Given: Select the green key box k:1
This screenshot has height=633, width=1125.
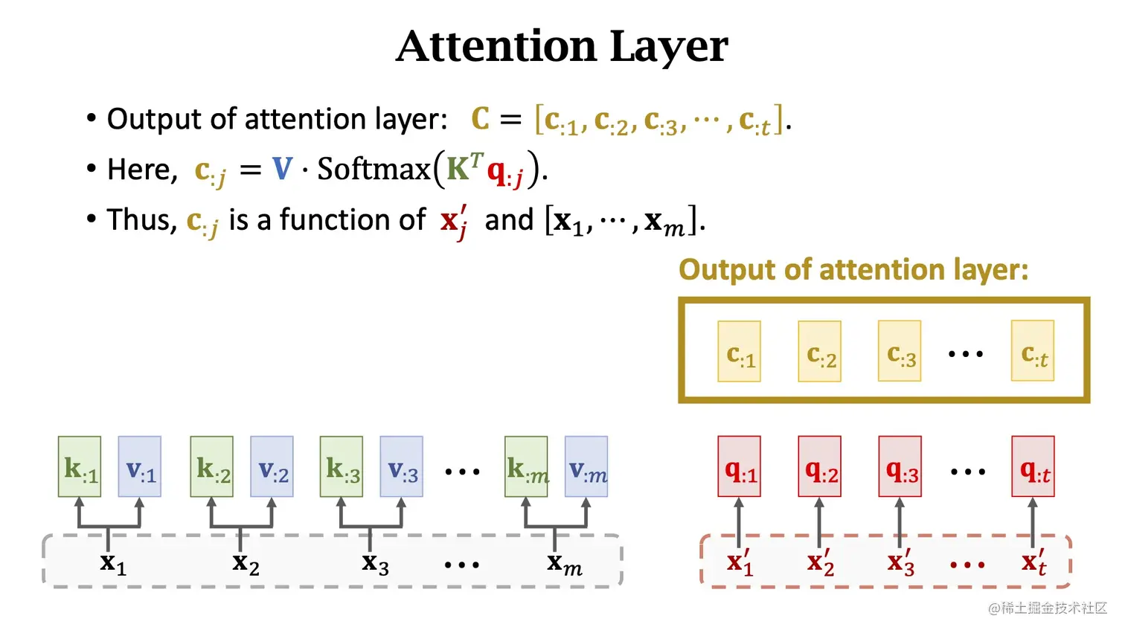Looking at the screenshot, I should (x=80, y=467).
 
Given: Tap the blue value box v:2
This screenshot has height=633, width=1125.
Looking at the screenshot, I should (x=272, y=467).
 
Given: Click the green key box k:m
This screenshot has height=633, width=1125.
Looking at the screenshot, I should (x=526, y=467).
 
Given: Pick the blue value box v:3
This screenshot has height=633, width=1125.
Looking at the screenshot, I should (x=402, y=467).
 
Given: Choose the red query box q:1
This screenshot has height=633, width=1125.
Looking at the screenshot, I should (x=739, y=467).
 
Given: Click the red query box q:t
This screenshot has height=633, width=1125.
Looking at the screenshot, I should (x=1033, y=467).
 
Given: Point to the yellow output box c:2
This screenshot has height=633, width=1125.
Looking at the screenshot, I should (x=819, y=352).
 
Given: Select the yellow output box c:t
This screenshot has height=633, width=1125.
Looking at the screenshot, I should (x=1033, y=352).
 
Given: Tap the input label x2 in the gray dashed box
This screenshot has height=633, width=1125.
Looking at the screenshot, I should (x=246, y=563).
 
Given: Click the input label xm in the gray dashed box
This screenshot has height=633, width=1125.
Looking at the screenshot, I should (x=564, y=563).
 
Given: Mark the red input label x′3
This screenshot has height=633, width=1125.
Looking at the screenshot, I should (x=900, y=562).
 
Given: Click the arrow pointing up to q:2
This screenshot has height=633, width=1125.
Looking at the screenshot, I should (x=819, y=521).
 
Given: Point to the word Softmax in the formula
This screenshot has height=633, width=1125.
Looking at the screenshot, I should (x=374, y=170).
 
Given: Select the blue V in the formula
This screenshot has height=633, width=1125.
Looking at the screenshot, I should (x=283, y=169).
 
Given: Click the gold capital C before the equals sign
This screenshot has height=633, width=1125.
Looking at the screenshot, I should (x=481, y=119).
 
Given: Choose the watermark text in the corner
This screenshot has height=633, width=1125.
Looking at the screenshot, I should (x=1047, y=608).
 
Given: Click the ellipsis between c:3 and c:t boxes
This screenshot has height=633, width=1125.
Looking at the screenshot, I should (x=966, y=354).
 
